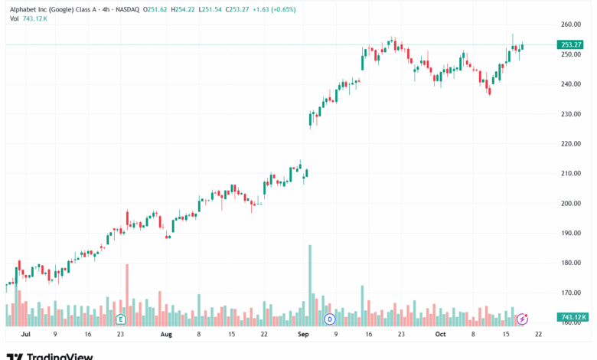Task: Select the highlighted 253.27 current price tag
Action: (570, 45)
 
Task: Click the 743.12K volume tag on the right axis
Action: (573, 317)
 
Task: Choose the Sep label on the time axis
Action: (303, 335)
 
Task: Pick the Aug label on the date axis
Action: (165, 335)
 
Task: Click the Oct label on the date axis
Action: (440, 335)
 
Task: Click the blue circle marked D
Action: (330, 319)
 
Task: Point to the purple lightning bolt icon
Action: (523, 319)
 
